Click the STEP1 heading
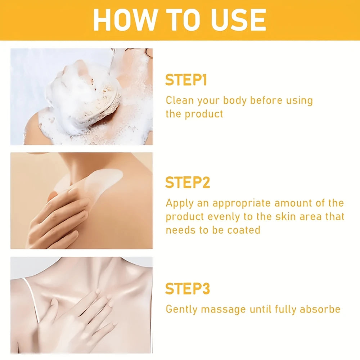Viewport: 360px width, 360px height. pos(186,80)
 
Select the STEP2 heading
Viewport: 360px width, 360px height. pos(187,183)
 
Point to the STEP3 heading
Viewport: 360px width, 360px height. pos(187,289)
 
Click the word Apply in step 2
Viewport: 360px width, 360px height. pos(179,203)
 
